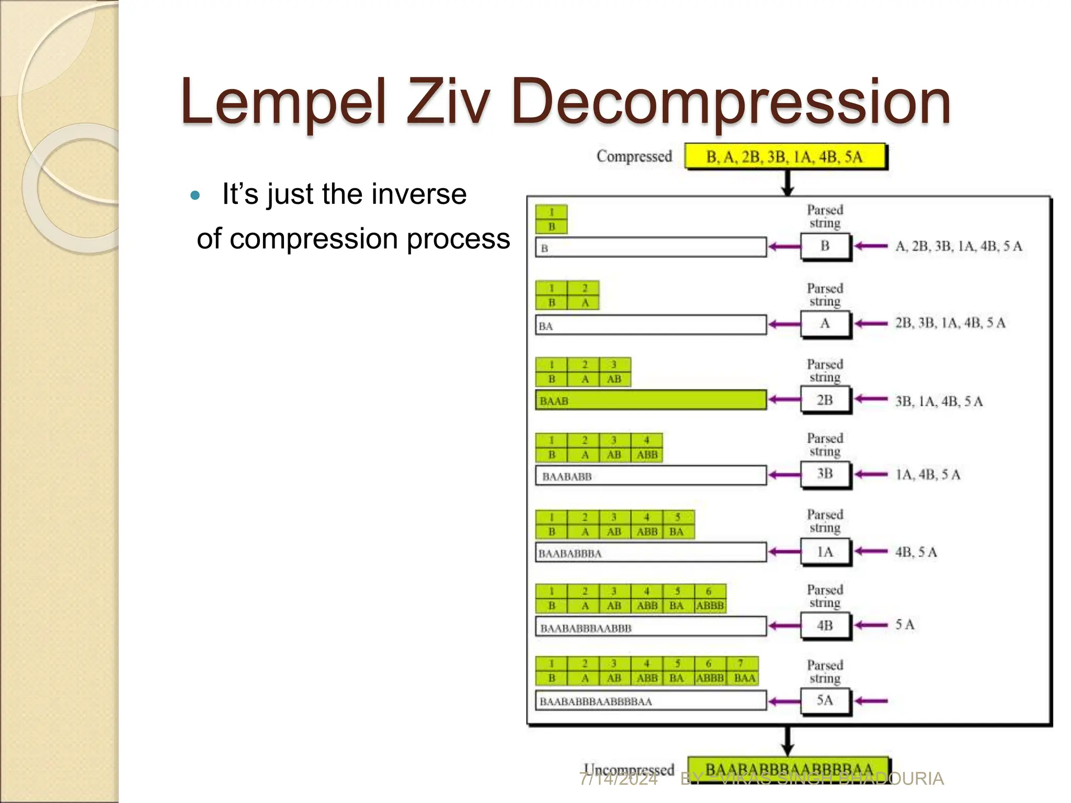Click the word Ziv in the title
(448, 101)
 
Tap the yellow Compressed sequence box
(785, 156)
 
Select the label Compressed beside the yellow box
(634, 156)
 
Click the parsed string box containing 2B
(825, 400)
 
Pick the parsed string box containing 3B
(825, 474)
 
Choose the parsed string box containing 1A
(825, 552)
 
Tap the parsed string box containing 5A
(825, 700)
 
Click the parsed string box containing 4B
(825, 625)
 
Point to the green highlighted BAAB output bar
(651, 400)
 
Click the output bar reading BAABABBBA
(651, 553)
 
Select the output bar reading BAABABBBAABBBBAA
(651, 701)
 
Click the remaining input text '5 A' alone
(905, 625)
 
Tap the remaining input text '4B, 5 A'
(916, 552)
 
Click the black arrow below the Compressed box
(787, 183)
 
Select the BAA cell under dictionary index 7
(744, 678)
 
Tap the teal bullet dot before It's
(196, 196)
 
